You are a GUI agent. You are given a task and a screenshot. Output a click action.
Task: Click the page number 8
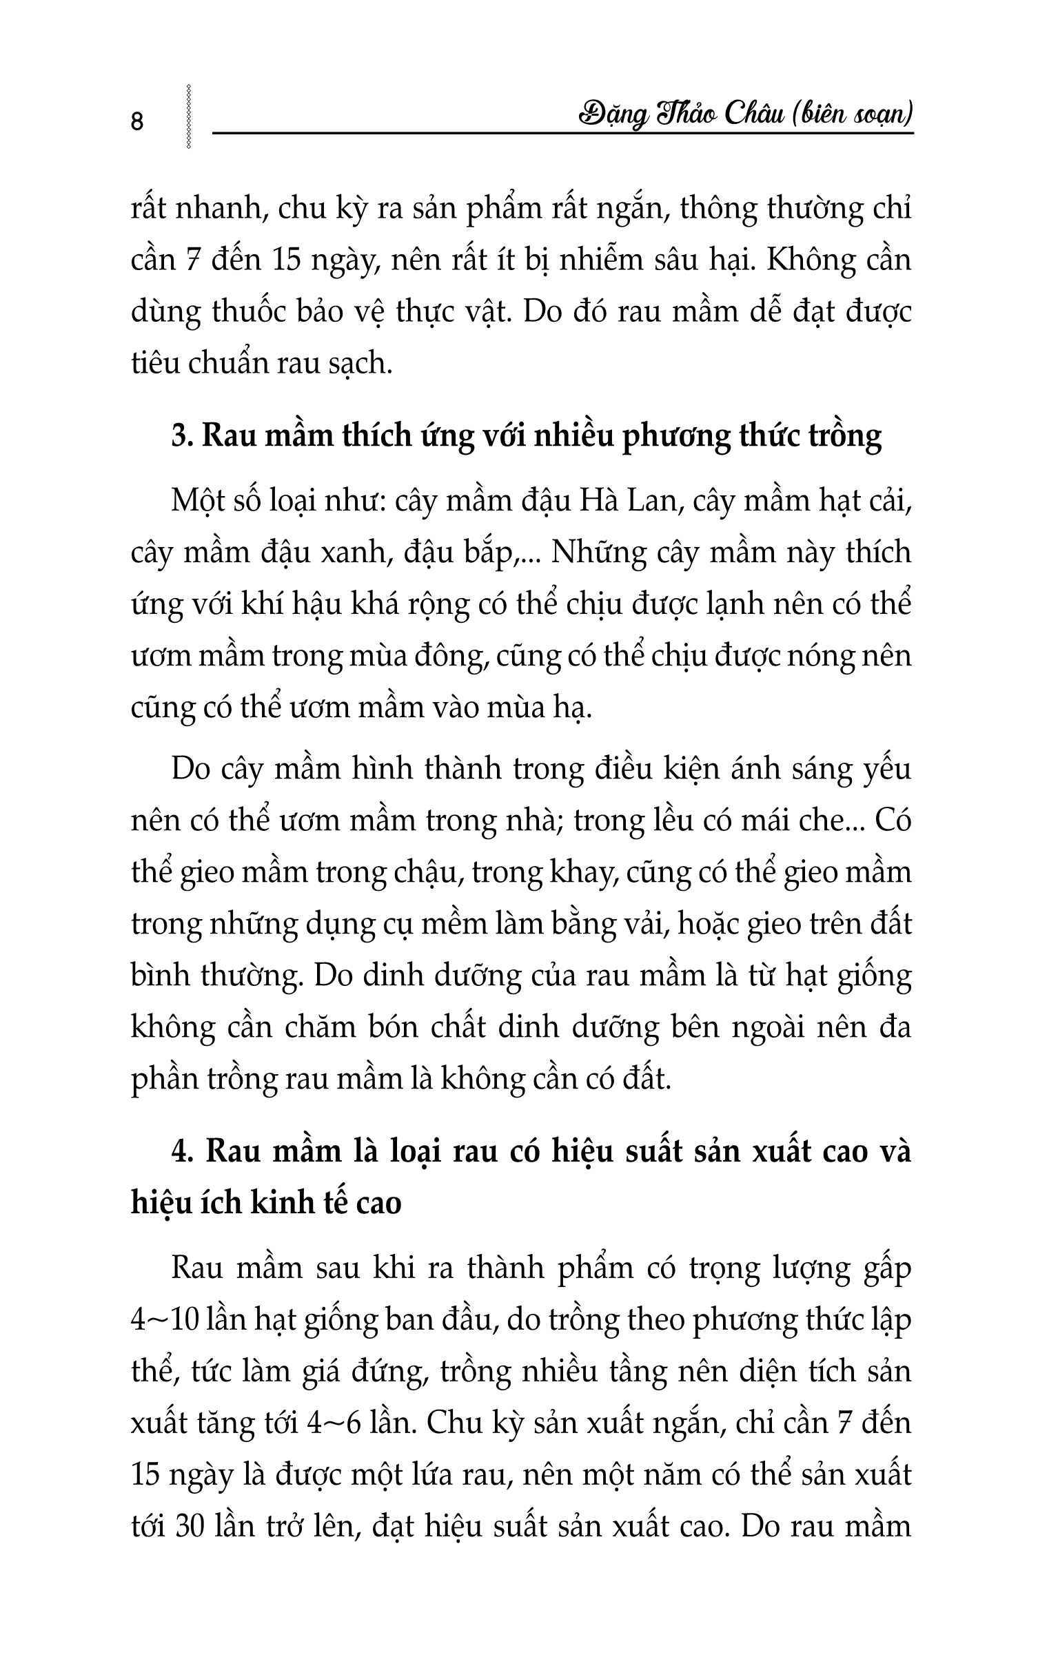point(137,122)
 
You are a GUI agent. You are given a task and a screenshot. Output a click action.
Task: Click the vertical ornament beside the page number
point(188,117)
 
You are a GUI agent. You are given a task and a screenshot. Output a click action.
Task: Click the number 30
point(189,1526)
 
